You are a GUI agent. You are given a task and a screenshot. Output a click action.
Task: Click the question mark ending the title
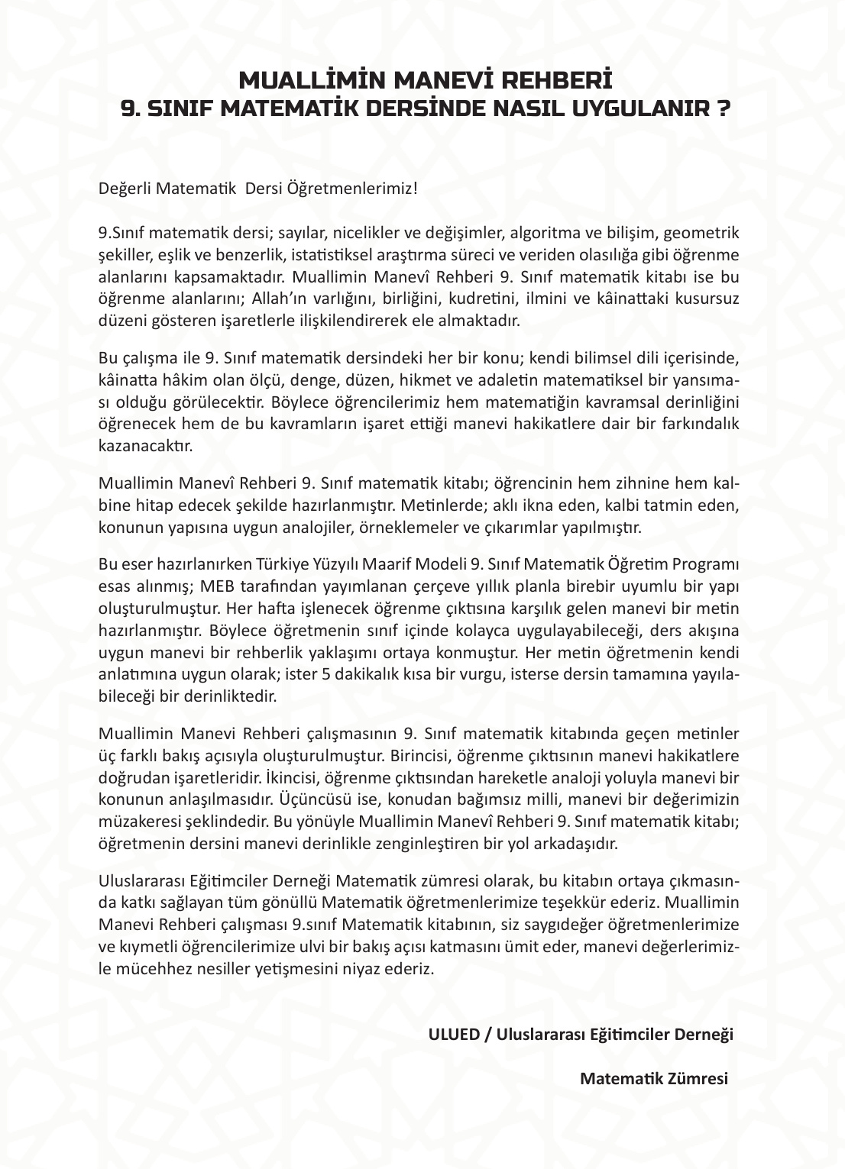tap(721, 108)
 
